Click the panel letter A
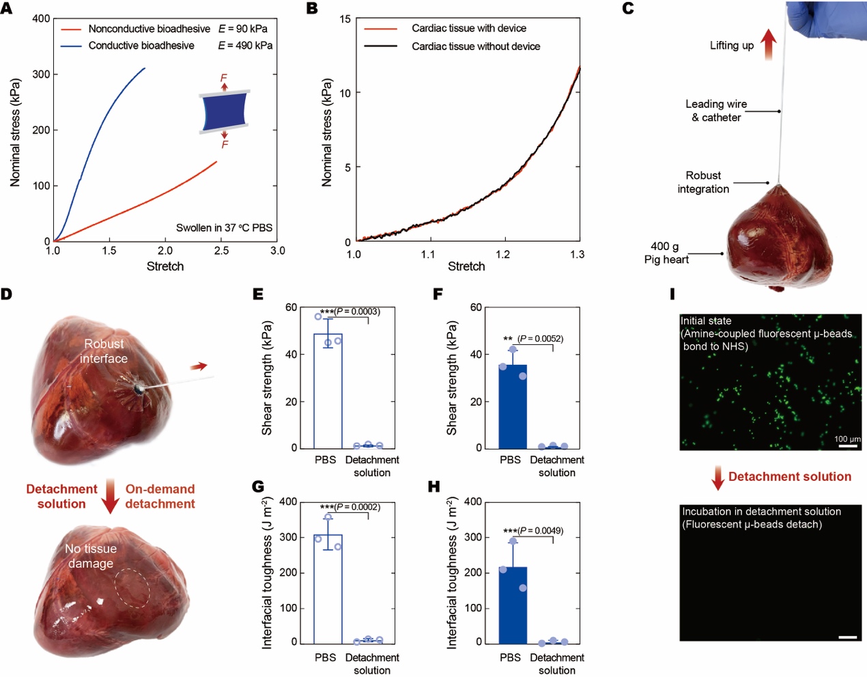[6, 8]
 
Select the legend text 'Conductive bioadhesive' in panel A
[141, 46]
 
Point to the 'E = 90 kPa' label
[243, 29]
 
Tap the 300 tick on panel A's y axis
[42, 74]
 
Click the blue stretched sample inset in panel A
[224, 111]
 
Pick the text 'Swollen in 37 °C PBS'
[224, 227]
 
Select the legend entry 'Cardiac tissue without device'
[475, 46]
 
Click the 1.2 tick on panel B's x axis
[502, 255]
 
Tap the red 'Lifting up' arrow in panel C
[769, 44]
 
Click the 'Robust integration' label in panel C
[703, 182]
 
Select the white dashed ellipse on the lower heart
[132, 588]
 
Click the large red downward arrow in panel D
[110, 497]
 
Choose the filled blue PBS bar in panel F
[513, 406]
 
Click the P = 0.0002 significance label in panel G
[350, 507]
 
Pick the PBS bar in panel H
[513, 605]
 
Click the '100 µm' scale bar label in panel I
[847, 439]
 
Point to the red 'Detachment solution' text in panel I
[789, 477]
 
